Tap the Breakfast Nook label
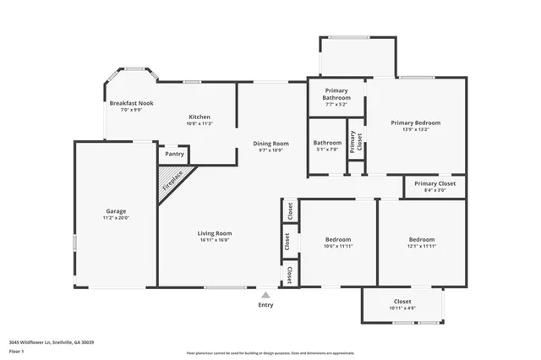tap(129, 102)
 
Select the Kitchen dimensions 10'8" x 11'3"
tap(199, 123)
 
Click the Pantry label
tap(175, 154)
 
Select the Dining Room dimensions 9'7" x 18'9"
tap(271, 150)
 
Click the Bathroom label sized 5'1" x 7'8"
tap(327, 143)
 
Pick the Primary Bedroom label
tap(415, 123)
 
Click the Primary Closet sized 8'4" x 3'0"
tap(434, 183)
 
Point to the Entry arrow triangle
tap(265, 295)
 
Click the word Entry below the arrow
tap(265, 305)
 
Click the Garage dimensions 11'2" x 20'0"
tap(116, 217)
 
